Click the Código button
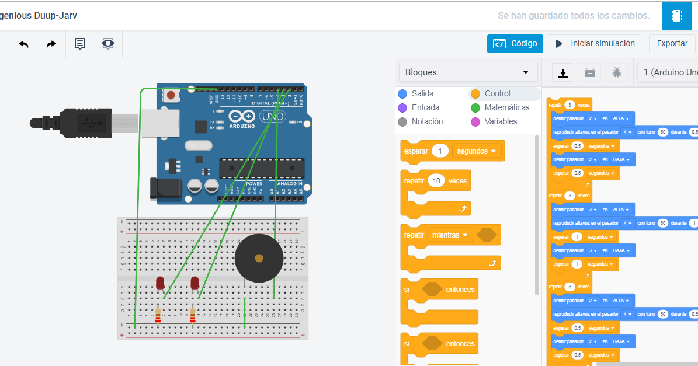[515, 44]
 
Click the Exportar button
[672, 44]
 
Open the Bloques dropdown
[468, 72]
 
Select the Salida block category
[422, 93]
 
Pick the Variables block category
[500, 121]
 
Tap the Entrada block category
[425, 107]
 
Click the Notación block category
[426, 121]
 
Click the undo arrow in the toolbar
[24, 44]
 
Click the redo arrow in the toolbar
[51, 44]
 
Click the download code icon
[562, 72]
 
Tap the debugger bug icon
[616, 72]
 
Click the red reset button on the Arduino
[171, 95]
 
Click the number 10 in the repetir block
[436, 181]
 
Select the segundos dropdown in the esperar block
[478, 151]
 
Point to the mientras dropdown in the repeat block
[449, 235]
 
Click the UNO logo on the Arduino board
[272, 116]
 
